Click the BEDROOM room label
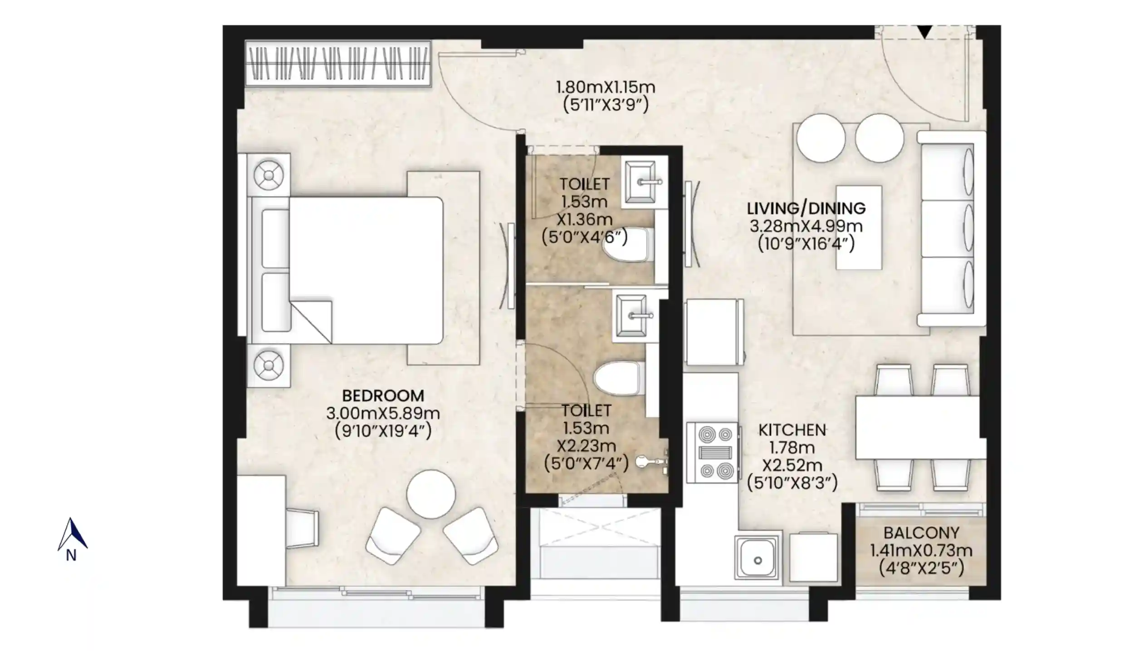pyautogui.click(x=383, y=395)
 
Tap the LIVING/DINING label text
pyautogui.click(x=806, y=208)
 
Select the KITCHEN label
pyautogui.click(x=792, y=430)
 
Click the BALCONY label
pyautogui.click(x=921, y=533)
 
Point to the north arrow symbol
pyautogui.click(x=72, y=535)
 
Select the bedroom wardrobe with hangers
pyautogui.click(x=337, y=63)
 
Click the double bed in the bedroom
pyautogui.click(x=347, y=271)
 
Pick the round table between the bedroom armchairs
pyautogui.click(x=430, y=494)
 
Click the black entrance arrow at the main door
pyautogui.click(x=924, y=32)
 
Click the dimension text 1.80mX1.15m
pyautogui.click(x=606, y=87)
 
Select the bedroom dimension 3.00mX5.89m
pyautogui.click(x=383, y=413)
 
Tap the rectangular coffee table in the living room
pyautogui.click(x=859, y=227)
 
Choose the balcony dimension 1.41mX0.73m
pyautogui.click(x=921, y=550)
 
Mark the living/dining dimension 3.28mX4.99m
pyautogui.click(x=806, y=226)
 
